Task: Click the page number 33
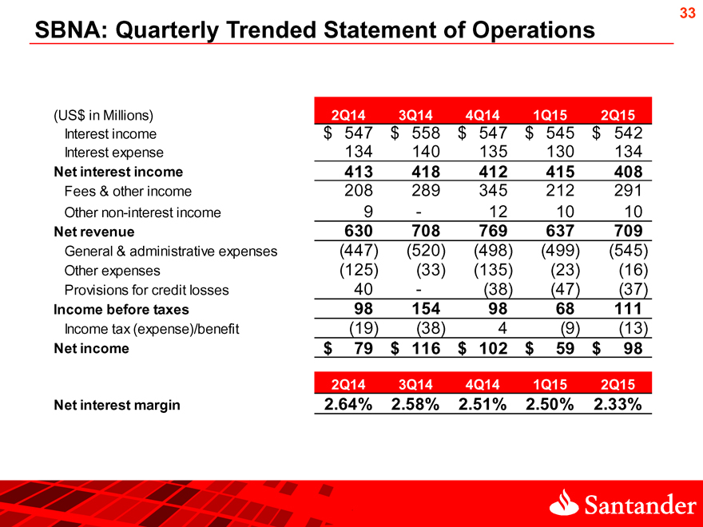tap(687, 13)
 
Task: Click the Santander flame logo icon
tap(564, 502)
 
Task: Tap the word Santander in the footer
tap(640, 505)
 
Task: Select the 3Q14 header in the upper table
tap(415, 115)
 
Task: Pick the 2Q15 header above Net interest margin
tap(618, 385)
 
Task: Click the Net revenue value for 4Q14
tap(493, 231)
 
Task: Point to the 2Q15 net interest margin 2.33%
tap(618, 404)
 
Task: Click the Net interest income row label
tap(118, 172)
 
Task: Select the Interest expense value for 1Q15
tap(561, 152)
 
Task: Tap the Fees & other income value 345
tap(493, 191)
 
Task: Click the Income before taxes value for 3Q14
tap(426, 309)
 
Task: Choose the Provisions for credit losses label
tap(147, 290)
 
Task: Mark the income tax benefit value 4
tap(502, 328)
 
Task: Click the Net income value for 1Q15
tap(565, 348)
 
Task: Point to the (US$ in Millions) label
tap(104, 116)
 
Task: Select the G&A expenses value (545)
tap(629, 251)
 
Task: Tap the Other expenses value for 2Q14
tap(359, 270)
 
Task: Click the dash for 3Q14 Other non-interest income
tap(419, 212)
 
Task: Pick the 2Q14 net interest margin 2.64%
tap(348, 404)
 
